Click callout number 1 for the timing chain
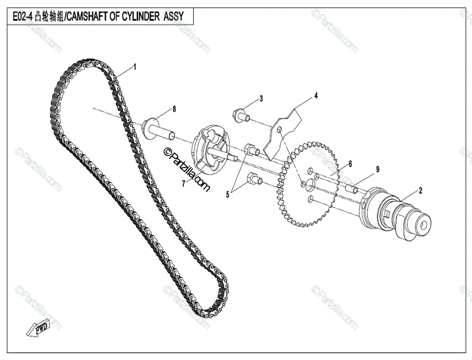pyautogui.click(x=135, y=67)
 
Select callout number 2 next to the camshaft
pyautogui.click(x=421, y=190)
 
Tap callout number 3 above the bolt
pyautogui.click(x=261, y=99)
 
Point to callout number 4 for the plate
pyautogui.click(x=315, y=95)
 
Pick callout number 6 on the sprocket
pyautogui.click(x=350, y=164)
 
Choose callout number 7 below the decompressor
pyautogui.click(x=184, y=184)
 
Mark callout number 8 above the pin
pyautogui.click(x=174, y=109)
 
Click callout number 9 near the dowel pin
pyautogui.click(x=377, y=170)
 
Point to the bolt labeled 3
pyautogui.click(x=241, y=115)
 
